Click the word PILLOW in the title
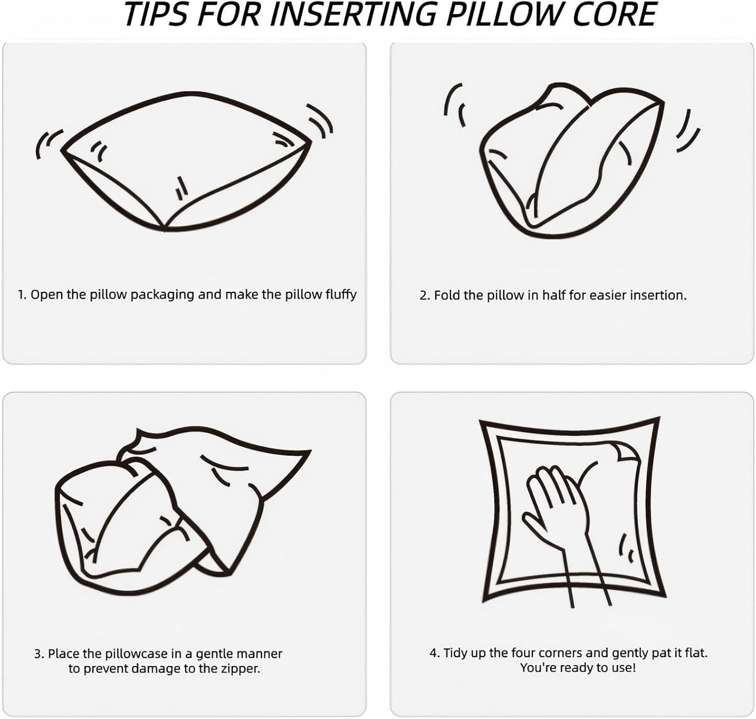pos(499,15)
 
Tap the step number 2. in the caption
pos(424,295)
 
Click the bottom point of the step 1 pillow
pos(165,230)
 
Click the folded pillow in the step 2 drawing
pos(573,162)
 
